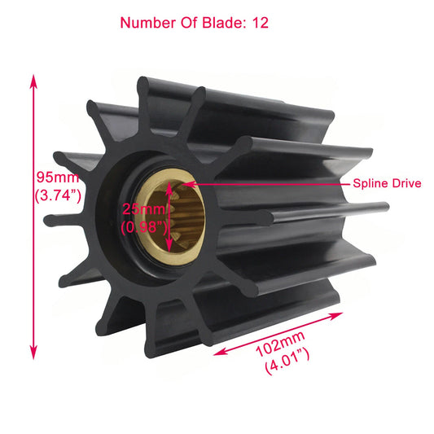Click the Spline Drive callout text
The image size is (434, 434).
(386, 183)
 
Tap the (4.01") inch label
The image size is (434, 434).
(289, 366)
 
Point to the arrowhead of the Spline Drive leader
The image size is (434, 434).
(191, 184)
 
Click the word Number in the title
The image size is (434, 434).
(146, 22)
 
